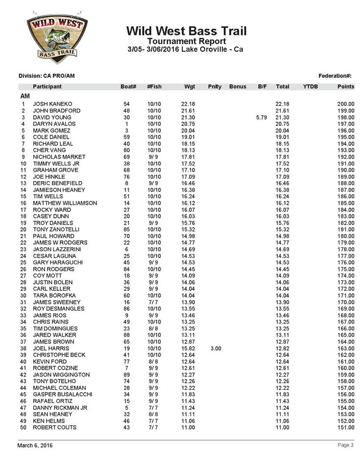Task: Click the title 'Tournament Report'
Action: point(186,42)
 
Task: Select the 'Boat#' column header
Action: point(128,87)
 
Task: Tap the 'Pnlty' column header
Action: point(215,87)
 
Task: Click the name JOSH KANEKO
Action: point(52,104)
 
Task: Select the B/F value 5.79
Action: point(261,117)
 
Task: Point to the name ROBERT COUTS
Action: point(55,427)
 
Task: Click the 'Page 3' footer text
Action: point(345,445)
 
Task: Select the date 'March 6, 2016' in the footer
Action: point(35,446)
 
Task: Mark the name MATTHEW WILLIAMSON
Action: point(65,203)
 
